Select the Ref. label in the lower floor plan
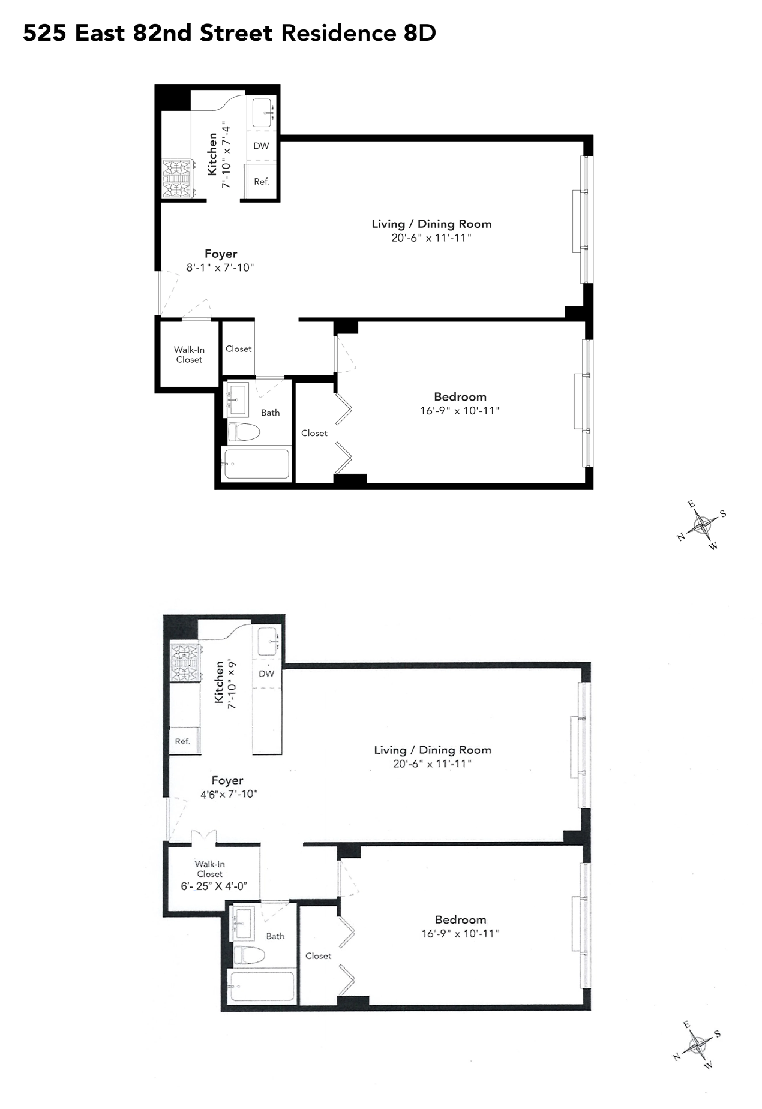[x=182, y=741]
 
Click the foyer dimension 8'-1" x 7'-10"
[x=220, y=268]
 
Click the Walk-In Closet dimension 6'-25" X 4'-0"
[x=213, y=887]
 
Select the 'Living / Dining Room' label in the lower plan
[x=432, y=750]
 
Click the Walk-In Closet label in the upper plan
[x=189, y=355]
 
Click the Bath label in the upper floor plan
[x=270, y=413]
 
